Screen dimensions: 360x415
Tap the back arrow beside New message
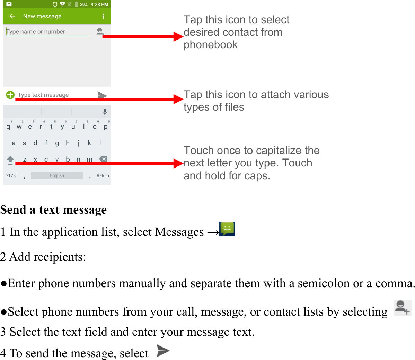coord(12,16)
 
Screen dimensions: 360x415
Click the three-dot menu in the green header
coord(103,16)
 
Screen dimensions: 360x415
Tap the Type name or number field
coord(47,32)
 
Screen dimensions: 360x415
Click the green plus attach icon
coord(10,95)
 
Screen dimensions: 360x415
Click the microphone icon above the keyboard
coord(105,112)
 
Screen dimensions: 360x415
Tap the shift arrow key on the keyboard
coord(10,160)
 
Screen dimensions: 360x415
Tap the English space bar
coord(57,175)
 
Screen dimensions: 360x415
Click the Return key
coord(103,175)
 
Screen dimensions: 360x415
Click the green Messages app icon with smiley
coord(227,229)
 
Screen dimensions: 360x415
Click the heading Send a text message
coord(54,210)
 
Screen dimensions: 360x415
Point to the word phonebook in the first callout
coord(211,45)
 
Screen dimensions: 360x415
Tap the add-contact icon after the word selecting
coord(402,308)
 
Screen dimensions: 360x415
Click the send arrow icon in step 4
coord(163,351)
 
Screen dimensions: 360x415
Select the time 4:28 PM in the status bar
coord(99,5)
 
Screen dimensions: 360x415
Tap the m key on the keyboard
coord(89,160)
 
